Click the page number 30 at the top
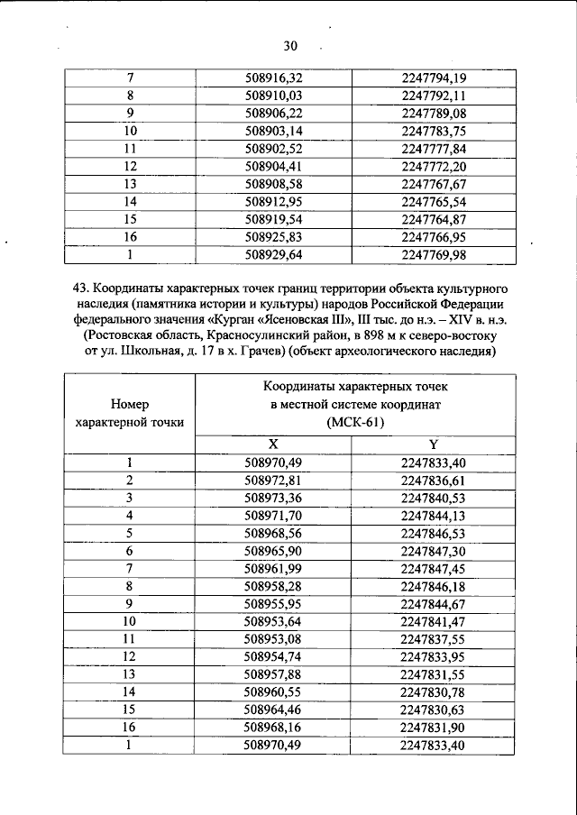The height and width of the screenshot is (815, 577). (288, 46)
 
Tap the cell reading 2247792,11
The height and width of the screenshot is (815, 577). (434, 95)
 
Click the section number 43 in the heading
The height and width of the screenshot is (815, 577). (79, 289)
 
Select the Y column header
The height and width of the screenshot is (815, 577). (434, 444)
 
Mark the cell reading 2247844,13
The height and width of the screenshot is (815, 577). (434, 515)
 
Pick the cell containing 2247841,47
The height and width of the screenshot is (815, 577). (434, 621)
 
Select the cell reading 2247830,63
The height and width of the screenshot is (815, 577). (434, 710)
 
